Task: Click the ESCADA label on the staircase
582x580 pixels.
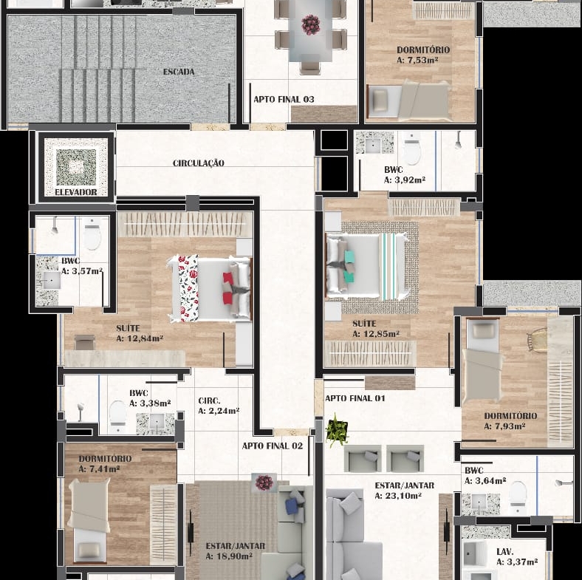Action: (x=179, y=72)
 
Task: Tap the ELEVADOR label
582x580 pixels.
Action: (x=76, y=192)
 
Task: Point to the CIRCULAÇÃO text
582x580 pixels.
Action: (x=198, y=163)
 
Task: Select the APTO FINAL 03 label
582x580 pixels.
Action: (x=284, y=99)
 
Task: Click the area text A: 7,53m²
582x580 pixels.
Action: (x=417, y=60)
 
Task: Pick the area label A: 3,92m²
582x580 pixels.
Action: (x=404, y=180)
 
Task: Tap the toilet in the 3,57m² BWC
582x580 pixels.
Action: (x=92, y=234)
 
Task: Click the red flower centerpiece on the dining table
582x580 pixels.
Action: (x=310, y=24)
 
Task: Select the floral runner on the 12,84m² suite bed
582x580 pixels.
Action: (x=188, y=287)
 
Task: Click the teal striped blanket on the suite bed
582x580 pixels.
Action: (x=389, y=266)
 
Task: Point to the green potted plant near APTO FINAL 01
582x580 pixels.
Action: (x=337, y=429)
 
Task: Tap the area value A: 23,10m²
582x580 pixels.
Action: (x=397, y=496)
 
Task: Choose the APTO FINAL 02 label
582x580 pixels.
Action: (x=272, y=446)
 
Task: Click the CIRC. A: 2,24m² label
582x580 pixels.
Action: (x=219, y=406)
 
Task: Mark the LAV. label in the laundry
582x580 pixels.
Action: (x=504, y=552)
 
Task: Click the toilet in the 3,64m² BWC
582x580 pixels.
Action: (x=518, y=494)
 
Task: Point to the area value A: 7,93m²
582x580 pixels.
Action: (x=504, y=426)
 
